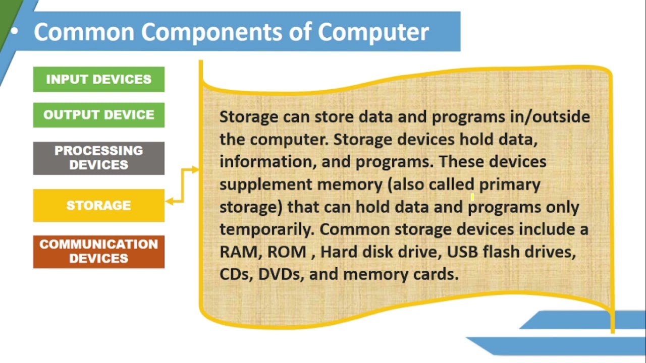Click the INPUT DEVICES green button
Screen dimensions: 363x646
point(98,79)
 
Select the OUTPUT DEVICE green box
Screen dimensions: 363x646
point(98,115)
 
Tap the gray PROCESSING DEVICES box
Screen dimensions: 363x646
point(98,158)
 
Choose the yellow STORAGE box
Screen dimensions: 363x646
point(98,205)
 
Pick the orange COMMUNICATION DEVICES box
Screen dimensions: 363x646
point(98,251)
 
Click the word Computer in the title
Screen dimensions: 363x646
point(373,32)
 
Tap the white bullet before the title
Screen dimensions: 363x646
point(14,31)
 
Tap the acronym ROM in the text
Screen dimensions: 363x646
point(286,252)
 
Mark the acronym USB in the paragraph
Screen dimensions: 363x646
point(463,252)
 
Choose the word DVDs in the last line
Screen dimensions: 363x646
point(279,274)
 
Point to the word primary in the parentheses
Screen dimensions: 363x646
point(509,185)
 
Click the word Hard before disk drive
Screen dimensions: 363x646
point(339,252)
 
